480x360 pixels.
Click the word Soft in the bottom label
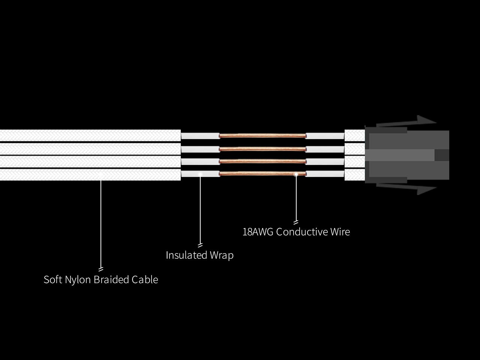coord(53,280)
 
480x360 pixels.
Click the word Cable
coord(144,280)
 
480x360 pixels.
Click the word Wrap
coord(222,255)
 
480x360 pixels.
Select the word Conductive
coord(302,232)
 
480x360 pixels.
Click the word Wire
coord(340,232)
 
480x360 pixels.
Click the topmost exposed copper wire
coord(262,136)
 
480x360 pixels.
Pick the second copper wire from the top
coord(262,149)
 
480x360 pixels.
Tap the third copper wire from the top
coord(262,161)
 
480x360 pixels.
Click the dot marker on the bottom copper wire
coord(296,174)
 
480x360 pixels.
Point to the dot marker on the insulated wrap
coord(200,174)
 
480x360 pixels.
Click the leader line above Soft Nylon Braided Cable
coord(101,225)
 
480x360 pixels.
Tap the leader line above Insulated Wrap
coord(200,210)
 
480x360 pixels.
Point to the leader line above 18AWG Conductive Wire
coord(296,199)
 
